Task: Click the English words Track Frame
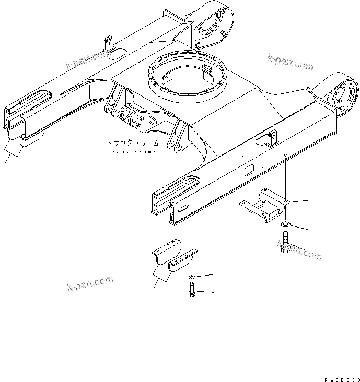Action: click(131, 152)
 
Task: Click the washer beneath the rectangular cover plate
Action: click(286, 225)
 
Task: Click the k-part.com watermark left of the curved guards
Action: click(90, 284)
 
